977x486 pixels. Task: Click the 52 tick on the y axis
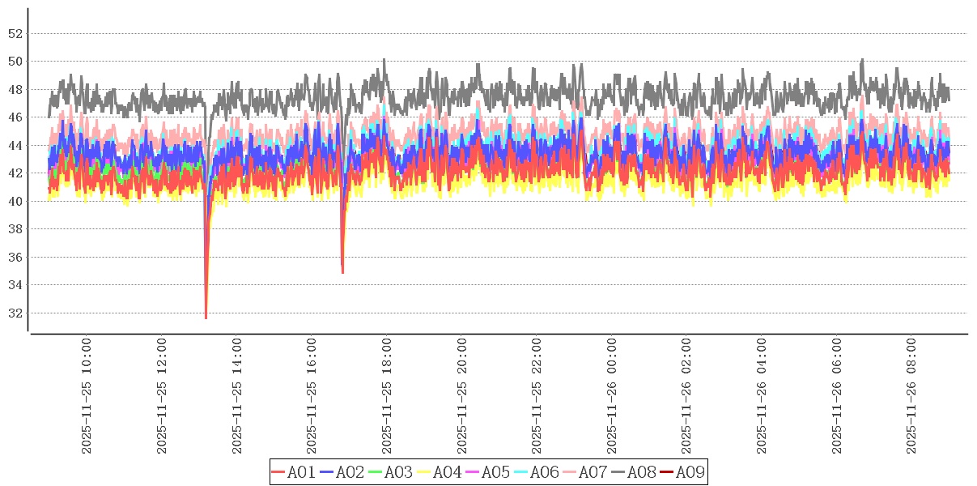[x=15, y=34]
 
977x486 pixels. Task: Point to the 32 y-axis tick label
[x=15, y=313]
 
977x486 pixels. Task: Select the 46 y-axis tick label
[x=15, y=117]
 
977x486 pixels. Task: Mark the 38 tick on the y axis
[x=15, y=229]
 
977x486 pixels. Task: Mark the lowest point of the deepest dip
[x=206, y=318]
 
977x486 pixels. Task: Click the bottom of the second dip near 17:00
[x=342, y=272]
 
